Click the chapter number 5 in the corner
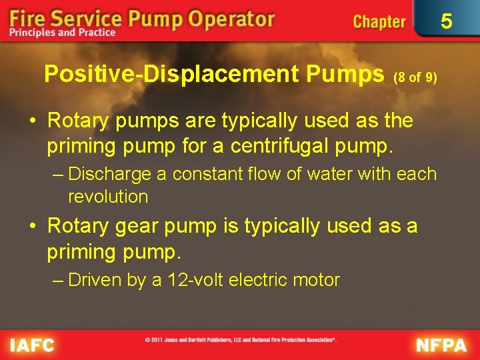(447, 22)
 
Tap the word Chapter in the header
(379, 22)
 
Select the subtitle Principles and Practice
(62, 33)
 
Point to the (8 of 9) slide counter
(415, 77)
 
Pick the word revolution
(108, 197)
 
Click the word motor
(317, 280)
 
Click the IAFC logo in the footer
(32, 345)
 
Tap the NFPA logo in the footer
(442, 345)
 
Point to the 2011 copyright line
(240, 340)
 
